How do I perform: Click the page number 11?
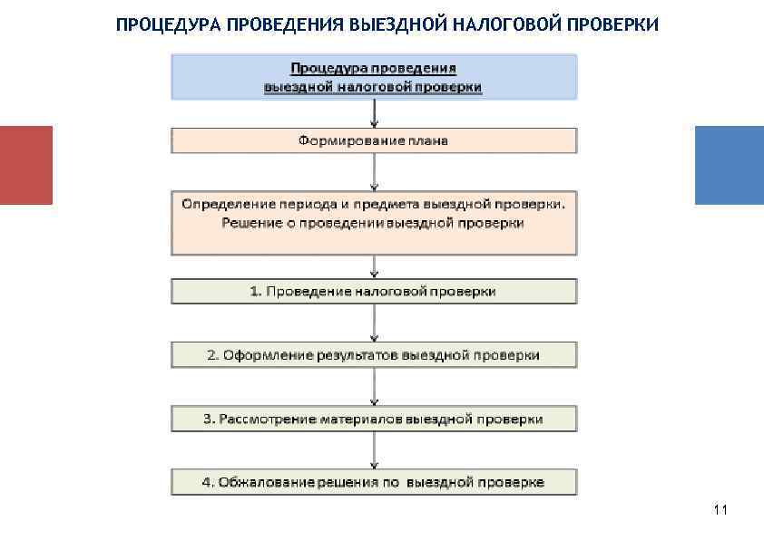pos(720,510)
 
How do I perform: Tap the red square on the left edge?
pos(26,165)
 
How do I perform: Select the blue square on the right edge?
pos(729,165)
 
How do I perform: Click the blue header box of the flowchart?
pos(374,77)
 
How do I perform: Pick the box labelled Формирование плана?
pos(374,140)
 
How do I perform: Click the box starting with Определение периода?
pos(374,222)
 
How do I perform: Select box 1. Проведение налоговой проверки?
pos(374,291)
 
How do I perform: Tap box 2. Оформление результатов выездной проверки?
pos(374,354)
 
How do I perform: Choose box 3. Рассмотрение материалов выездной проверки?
pos(374,419)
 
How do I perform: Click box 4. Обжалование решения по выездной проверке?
pos(374,482)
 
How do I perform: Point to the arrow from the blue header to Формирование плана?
pos(374,113)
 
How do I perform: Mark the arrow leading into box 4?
pos(374,450)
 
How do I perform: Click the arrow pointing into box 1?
pos(374,266)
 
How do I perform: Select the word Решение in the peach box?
pos(248,223)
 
